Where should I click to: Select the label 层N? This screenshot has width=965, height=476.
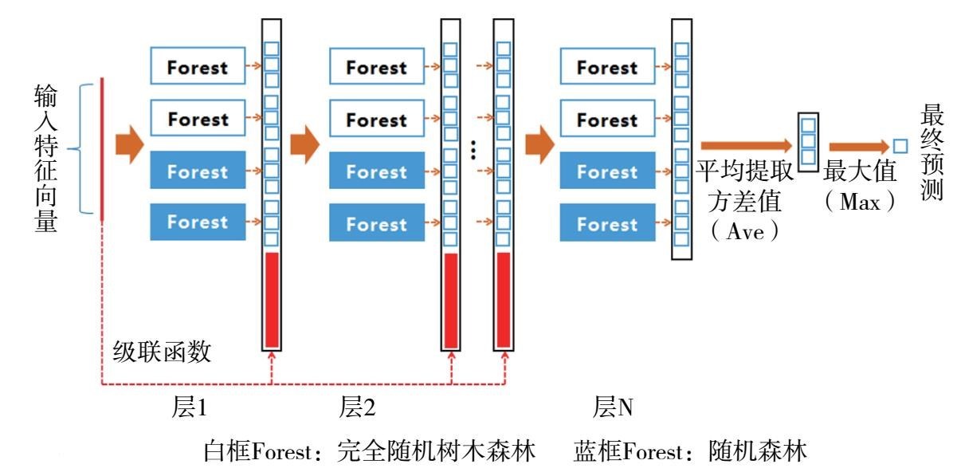613,408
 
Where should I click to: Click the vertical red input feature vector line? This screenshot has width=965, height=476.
103,148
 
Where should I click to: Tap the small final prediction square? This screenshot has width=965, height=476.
900,146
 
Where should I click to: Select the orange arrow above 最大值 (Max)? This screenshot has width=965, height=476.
857,147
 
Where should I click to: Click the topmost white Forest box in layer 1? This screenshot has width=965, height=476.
198,67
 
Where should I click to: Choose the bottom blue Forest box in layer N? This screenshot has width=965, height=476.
607,224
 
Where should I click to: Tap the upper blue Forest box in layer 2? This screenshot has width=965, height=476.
377,172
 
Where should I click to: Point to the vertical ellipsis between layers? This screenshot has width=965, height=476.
473,151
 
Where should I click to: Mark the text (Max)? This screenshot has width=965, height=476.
859,202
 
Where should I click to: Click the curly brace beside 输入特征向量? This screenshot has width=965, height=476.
79,148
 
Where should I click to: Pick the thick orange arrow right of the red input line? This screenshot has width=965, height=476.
128,147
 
